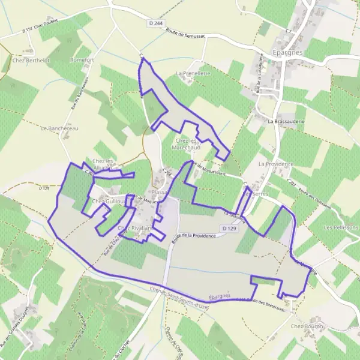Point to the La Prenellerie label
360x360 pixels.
coord(192,73)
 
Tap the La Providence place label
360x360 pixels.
coord(275,164)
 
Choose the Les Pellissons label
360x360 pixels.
coord(341,228)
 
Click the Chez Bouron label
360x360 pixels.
coord(307,326)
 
